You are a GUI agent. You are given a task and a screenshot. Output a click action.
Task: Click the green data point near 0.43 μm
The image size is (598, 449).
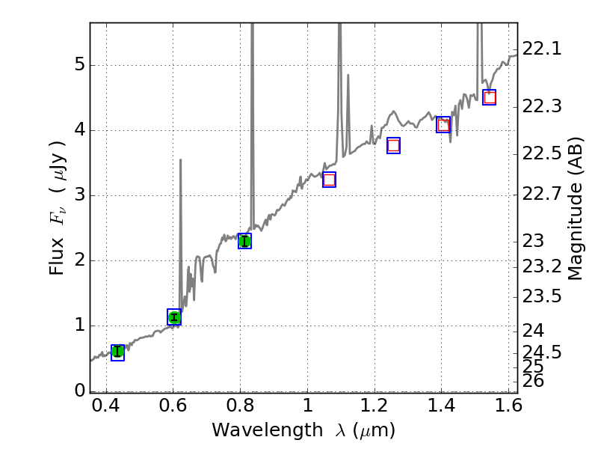point(117,352)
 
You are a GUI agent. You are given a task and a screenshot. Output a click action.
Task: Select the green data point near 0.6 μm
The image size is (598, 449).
point(174,317)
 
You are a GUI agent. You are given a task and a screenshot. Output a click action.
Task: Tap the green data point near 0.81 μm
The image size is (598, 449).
point(244,241)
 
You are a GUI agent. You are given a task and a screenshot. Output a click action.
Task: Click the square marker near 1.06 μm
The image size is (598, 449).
point(329,180)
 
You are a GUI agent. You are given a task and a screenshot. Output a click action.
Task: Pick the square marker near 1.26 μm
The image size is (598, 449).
point(393,146)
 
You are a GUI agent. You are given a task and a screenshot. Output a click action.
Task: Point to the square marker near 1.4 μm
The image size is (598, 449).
point(443,125)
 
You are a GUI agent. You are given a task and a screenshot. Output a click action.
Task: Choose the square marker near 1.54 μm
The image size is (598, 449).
point(490,98)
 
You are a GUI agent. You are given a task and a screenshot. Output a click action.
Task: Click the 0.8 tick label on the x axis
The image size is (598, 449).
point(240,409)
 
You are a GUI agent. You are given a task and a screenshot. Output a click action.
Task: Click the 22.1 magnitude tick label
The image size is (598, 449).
point(541,49)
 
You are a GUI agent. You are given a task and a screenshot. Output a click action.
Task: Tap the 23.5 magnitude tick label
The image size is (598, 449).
point(541,296)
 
